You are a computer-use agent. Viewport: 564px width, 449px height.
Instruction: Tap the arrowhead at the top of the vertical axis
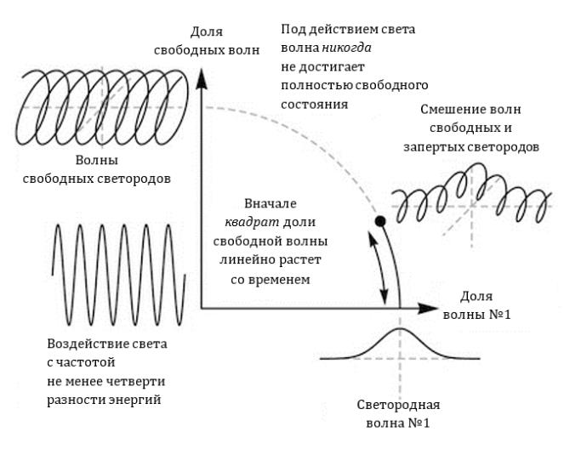point(202,74)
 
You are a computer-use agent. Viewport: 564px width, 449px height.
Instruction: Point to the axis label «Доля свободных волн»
point(201,40)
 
